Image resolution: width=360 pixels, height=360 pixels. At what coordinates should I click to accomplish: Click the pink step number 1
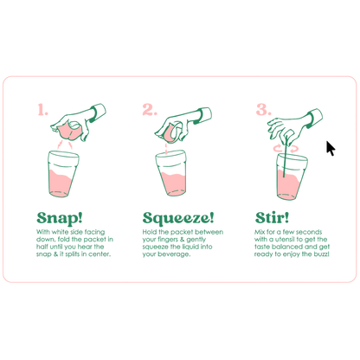[42, 110]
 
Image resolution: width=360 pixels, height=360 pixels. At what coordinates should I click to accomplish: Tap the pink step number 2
[150, 110]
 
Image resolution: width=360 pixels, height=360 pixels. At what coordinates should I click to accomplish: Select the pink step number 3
[264, 110]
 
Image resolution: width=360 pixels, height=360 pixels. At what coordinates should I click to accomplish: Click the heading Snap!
[60, 218]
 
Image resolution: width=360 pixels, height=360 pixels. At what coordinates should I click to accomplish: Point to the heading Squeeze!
[178, 218]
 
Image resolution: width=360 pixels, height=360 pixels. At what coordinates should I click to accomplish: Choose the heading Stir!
[272, 218]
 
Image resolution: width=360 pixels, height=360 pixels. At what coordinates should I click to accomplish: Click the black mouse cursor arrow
[331, 148]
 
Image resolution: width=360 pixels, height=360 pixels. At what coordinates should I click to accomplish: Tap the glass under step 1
[63, 174]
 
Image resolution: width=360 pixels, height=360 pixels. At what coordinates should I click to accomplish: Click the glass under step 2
[171, 173]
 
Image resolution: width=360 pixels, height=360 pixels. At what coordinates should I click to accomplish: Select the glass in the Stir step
[292, 177]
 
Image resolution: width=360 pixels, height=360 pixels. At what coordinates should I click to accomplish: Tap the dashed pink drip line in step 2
[166, 148]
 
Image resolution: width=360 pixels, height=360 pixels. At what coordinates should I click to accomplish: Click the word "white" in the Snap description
[60, 232]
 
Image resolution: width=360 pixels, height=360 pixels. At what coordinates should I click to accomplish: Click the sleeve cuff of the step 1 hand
[98, 112]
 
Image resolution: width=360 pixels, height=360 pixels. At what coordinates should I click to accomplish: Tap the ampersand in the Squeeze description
[182, 240]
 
